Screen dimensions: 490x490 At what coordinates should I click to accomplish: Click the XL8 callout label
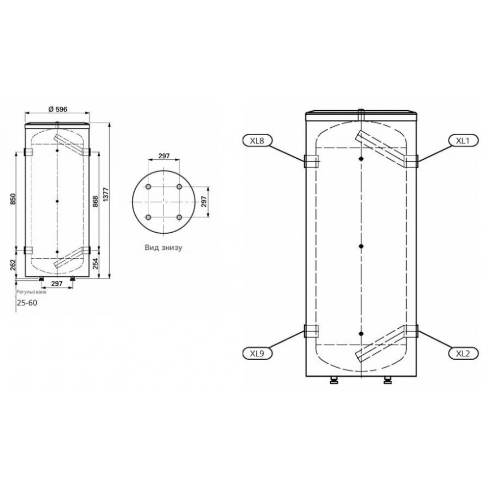[257, 141]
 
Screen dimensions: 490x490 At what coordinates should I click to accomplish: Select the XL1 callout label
[463, 141]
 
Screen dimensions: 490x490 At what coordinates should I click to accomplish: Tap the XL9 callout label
[257, 353]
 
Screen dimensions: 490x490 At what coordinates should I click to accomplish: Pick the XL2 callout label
[463, 353]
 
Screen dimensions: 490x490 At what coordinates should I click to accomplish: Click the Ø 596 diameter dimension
[58, 109]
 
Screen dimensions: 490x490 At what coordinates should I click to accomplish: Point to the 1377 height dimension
[106, 195]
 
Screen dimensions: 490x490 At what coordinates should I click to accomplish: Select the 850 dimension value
[13, 199]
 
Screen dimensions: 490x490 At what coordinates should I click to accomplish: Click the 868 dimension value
[96, 201]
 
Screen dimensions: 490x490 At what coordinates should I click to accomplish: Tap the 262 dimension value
[13, 265]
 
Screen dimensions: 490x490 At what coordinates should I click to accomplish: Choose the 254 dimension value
[96, 264]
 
